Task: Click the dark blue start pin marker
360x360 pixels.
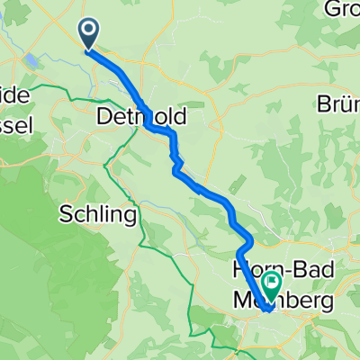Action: tap(90, 33)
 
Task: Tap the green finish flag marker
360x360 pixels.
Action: tap(271, 286)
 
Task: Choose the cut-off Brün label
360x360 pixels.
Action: tap(338, 103)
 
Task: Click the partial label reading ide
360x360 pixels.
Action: tap(17, 94)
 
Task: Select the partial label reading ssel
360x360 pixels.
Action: tap(17, 126)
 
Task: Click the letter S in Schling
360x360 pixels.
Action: tap(65, 215)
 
